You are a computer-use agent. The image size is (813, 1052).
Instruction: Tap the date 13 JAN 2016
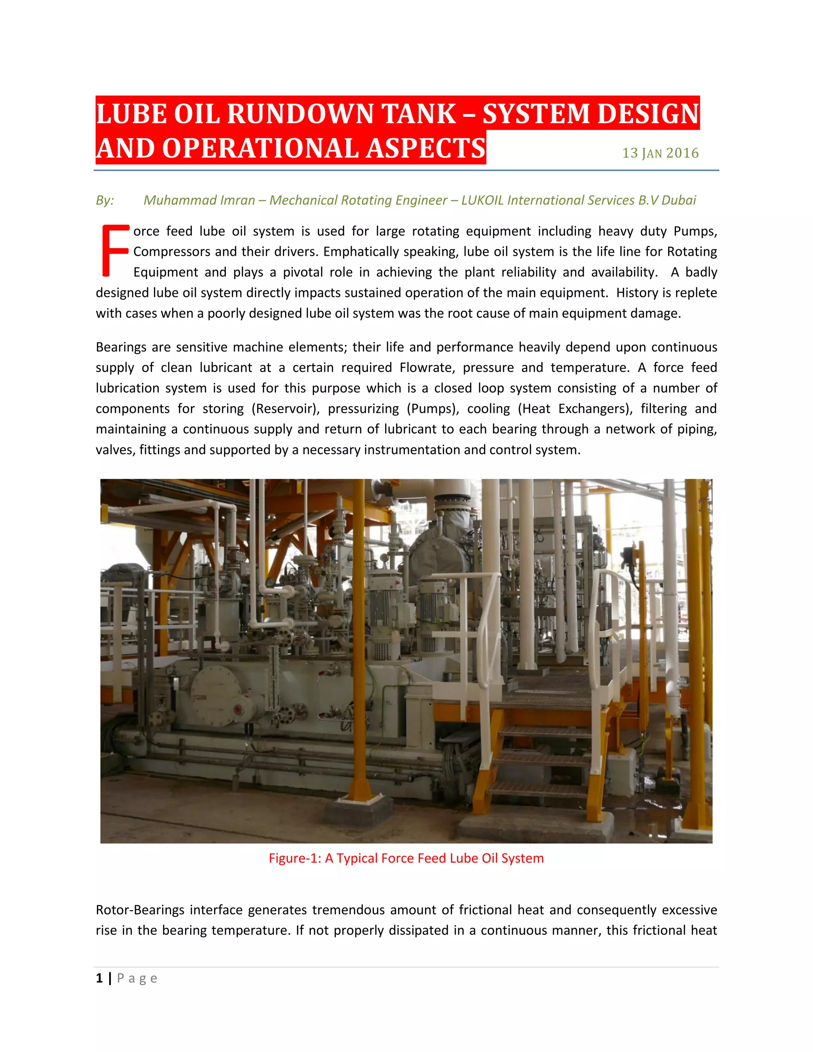click(660, 153)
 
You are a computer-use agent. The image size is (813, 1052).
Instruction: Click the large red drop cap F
click(115, 250)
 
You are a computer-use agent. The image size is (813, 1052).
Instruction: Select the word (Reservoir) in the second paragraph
click(285, 408)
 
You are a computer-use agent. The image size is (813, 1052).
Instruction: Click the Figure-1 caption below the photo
click(406, 858)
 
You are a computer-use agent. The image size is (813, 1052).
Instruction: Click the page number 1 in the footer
click(99, 978)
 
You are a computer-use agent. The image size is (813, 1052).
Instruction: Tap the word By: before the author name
click(105, 200)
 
